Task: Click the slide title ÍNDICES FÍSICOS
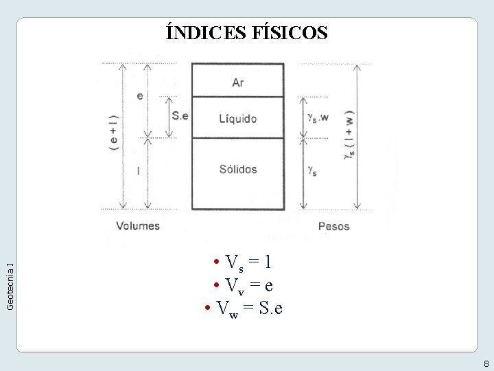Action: [247, 32]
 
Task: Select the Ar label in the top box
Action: [237, 82]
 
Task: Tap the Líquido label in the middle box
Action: [237, 118]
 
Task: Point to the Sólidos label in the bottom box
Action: [237, 169]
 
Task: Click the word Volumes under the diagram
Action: [138, 225]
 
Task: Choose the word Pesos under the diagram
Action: [333, 226]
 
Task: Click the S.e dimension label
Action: [180, 115]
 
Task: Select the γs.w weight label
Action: [318, 117]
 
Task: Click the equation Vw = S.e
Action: [249, 308]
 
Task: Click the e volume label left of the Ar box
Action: [140, 95]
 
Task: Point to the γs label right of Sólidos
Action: [312, 170]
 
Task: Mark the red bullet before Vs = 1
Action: [216, 262]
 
